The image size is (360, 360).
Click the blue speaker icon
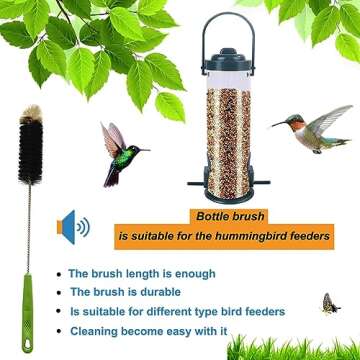click(x=72, y=229)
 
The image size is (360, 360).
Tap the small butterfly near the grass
click(x=329, y=302)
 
